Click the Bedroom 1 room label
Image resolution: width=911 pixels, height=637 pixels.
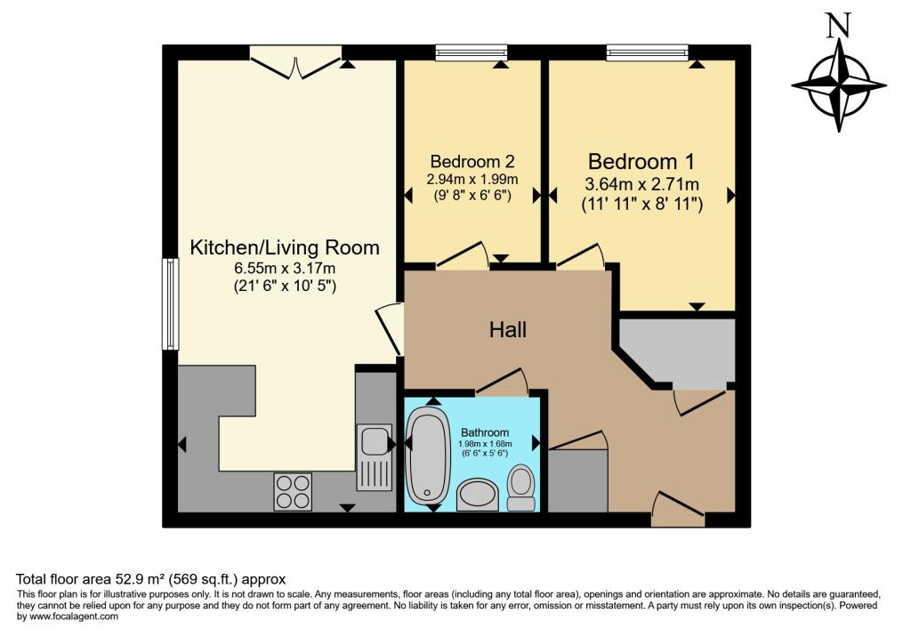(x=641, y=162)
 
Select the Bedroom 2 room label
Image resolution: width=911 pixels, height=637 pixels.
(x=472, y=162)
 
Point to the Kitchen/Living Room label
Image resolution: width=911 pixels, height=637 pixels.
(x=285, y=247)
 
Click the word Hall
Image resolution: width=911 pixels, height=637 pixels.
(x=508, y=330)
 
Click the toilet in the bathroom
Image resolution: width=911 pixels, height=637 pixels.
(x=521, y=488)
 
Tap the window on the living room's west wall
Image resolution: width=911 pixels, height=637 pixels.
(x=168, y=303)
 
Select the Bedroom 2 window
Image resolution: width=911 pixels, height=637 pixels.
(x=472, y=53)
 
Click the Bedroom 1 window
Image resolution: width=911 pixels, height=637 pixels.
(x=647, y=53)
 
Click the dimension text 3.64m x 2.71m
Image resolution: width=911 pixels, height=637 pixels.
(x=641, y=185)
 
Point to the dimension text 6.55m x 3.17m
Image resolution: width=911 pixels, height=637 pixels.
(x=285, y=269)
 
